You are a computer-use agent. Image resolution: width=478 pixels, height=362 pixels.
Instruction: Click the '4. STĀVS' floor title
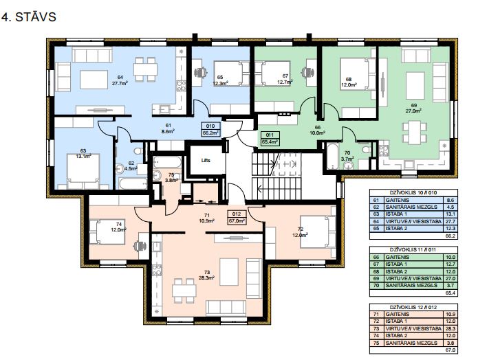coord(29,17)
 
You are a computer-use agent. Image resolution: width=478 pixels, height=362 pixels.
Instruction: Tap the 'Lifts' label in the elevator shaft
coord(206,161)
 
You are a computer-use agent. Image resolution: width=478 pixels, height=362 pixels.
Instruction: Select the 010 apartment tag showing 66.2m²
coord(210,129)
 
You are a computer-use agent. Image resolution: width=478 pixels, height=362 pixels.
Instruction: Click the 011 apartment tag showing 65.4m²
coord(270,139)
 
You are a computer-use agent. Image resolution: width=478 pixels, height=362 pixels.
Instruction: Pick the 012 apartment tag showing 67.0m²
coord(237,218)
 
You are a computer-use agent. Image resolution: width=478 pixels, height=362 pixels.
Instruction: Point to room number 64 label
coord(120,77)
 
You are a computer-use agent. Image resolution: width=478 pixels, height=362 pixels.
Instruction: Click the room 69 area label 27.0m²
coord(413,111)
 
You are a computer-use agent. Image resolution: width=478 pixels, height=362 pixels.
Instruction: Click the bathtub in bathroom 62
coord(133,183)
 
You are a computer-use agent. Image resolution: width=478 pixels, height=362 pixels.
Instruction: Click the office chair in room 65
coord(201,72)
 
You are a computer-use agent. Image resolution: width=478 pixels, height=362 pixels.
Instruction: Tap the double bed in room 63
coord(83,171)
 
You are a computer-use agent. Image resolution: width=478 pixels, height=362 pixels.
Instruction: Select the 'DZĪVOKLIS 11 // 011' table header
coord(413,249)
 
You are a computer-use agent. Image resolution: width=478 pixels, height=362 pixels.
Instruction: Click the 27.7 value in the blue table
coord(450,221)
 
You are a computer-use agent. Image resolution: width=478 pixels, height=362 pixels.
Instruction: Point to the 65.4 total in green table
coord(450,293)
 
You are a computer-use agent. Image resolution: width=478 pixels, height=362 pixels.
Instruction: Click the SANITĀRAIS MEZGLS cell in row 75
coord(411,343)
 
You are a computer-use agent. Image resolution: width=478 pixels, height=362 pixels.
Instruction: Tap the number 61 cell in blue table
coord(376,200)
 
